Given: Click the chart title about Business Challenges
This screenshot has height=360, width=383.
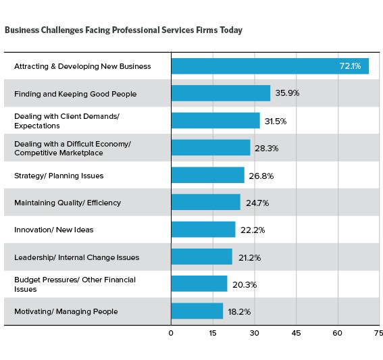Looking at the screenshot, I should pyautogui.click(x=123, y=30).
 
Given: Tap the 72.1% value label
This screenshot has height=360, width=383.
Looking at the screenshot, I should pyautogui.click(x=351, y=66).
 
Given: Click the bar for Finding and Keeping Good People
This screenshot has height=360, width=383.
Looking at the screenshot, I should pyautogui.click(x=220, y=93).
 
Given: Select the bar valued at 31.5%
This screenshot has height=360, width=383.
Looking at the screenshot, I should pyautogui.click(x=215, y=120).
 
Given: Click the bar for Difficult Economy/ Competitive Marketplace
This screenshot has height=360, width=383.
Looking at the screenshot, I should pyautogui.click(x=210, y=148).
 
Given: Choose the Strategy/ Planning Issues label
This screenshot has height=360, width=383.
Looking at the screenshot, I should pyautogui.click(x=59, y=176).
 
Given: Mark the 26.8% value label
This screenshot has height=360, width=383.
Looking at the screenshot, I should pyautogui.click(x=262, y=176).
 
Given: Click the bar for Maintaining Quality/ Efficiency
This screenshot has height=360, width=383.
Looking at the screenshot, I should pyautogui.click(x=205, y=203).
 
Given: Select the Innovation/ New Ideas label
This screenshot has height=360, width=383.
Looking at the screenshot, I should pyautogui.click(x=54, y=230).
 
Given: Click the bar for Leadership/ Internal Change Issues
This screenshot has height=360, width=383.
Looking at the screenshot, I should pyautogui.click(x=201, y=257).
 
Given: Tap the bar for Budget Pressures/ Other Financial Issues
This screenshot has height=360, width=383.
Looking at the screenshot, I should pyautogui.click(x=199, y=284).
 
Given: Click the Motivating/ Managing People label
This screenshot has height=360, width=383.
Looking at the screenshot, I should pyautogui.click(x=66, y=311).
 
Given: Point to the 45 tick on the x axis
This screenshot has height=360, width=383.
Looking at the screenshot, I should pyautogui.click(x=296, y=333).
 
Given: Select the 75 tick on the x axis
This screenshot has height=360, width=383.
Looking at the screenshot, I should pyautogui.click(x=378, y=333).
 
